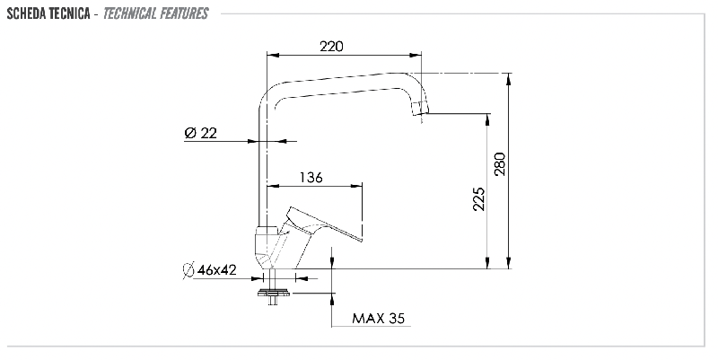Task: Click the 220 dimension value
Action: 331,47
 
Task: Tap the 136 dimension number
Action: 311,177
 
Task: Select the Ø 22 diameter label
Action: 200,133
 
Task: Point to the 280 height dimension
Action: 500,164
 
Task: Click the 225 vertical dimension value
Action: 478,198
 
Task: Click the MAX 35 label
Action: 378,319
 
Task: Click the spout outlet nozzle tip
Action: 420,109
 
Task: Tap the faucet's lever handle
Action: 322,224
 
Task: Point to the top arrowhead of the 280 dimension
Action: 508,79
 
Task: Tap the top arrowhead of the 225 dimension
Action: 487,119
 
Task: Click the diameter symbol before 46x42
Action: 188,270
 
